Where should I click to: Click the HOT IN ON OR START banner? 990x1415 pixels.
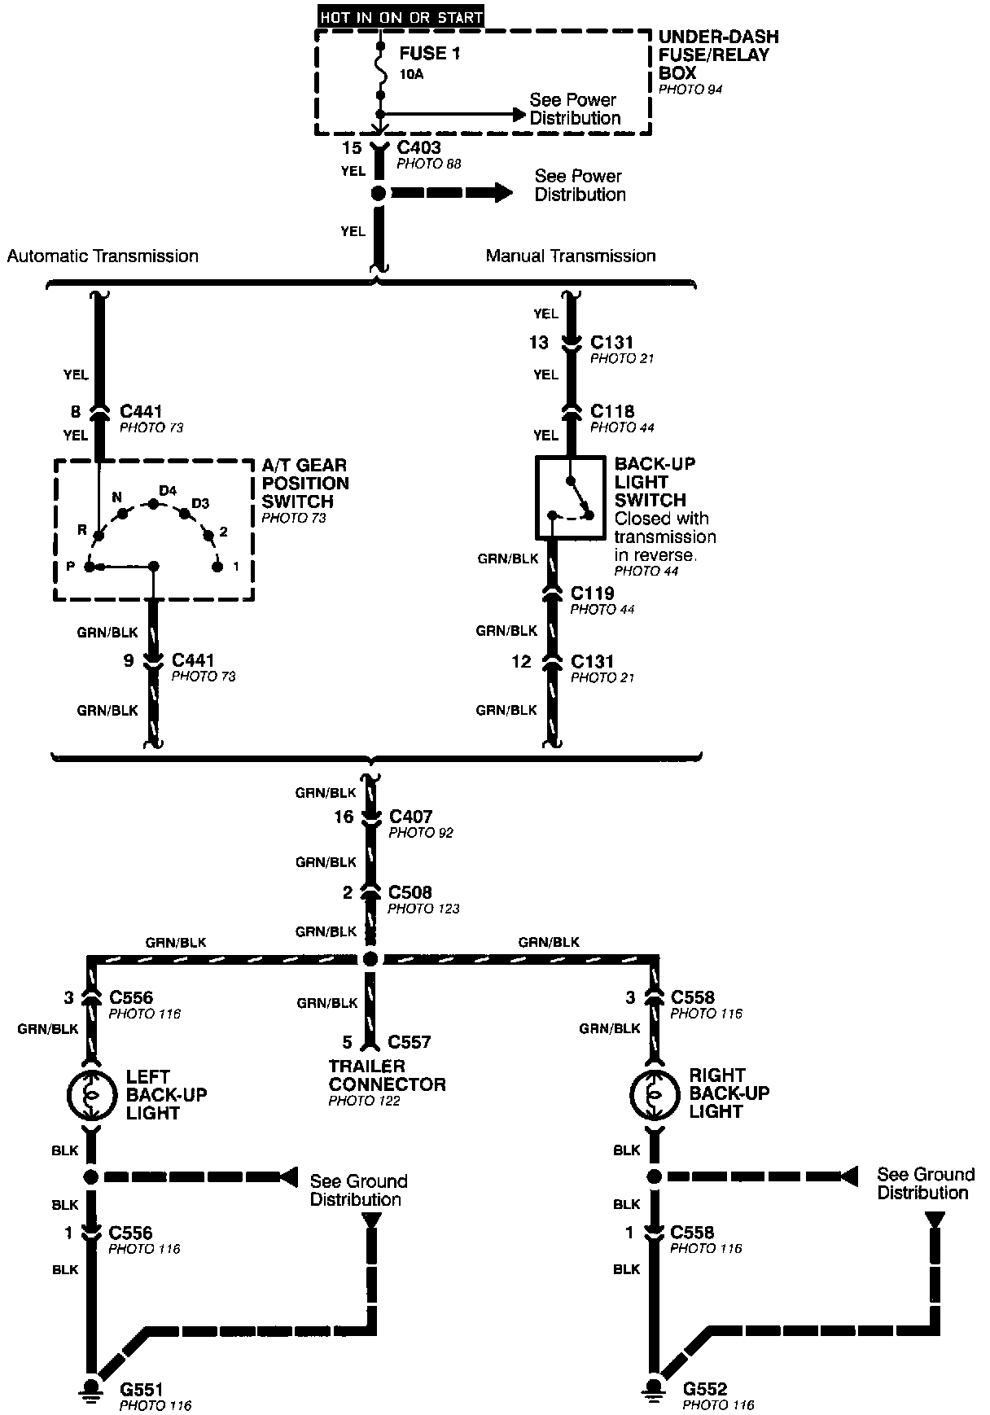pos(401,16)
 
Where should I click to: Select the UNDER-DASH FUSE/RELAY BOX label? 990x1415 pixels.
pos(718,55)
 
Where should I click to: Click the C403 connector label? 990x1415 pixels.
pos(418,147)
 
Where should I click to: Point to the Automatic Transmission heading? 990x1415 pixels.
pos(103,256)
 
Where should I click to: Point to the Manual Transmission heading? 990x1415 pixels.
pos(570,256)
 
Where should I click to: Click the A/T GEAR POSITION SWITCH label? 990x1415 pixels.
pos(305,483)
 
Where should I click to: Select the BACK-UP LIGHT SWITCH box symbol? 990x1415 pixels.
pos(570,497)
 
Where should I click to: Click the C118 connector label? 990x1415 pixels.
pos(612,411)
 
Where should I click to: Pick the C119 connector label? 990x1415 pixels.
pos(592,593)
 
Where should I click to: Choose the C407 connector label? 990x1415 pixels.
pos(411,816)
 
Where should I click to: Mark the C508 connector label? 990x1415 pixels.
pos(410,892)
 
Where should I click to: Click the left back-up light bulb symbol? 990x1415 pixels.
pos(91,1095)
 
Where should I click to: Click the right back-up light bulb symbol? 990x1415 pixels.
pos(654,1095)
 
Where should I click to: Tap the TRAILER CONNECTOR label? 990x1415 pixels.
pos(387,1075)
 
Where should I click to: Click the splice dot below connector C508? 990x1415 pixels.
pos(370,958)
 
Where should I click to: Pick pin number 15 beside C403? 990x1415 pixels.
pos(351,147)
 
